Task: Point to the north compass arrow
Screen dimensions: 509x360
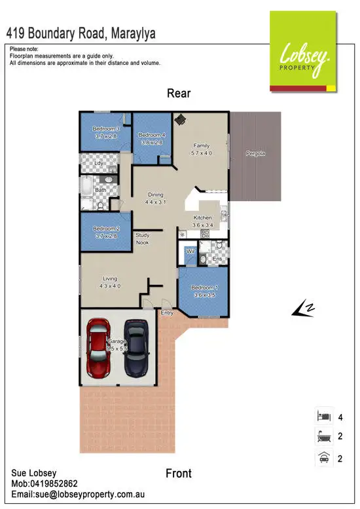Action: click(302, 309)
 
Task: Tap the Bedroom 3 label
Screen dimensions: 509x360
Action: click(105, 129)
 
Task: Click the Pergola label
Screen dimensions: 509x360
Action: click(255, 153)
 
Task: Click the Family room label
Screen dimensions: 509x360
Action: click(201, 146)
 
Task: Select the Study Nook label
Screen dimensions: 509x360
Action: click(142, 238)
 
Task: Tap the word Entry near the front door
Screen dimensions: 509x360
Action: click(167, 312)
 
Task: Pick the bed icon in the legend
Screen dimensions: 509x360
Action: click(321, 416)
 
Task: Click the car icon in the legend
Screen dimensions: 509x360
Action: click(321, 459)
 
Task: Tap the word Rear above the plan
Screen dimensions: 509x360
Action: click(179, 93)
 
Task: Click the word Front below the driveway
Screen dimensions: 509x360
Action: click(179, 473)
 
